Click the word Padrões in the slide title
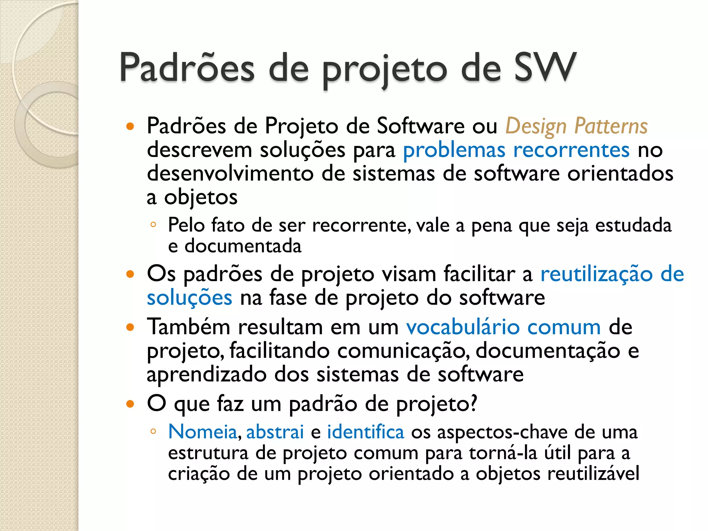point(187,67)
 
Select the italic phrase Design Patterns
point(576,126)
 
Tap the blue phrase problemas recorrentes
point(516,150)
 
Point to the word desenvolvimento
point(230,173)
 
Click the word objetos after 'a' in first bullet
point(201,197)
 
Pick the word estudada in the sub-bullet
point(633,225)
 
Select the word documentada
point(243,246)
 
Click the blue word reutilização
point(596,274)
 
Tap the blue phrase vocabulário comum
point(503,327)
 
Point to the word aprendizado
point(206,374)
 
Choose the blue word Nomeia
point(203,432)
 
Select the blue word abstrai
point(275,432)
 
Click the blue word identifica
point(365,432)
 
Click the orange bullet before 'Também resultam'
point(130,327)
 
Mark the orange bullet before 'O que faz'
point(130,404)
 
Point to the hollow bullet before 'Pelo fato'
point(153,225)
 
